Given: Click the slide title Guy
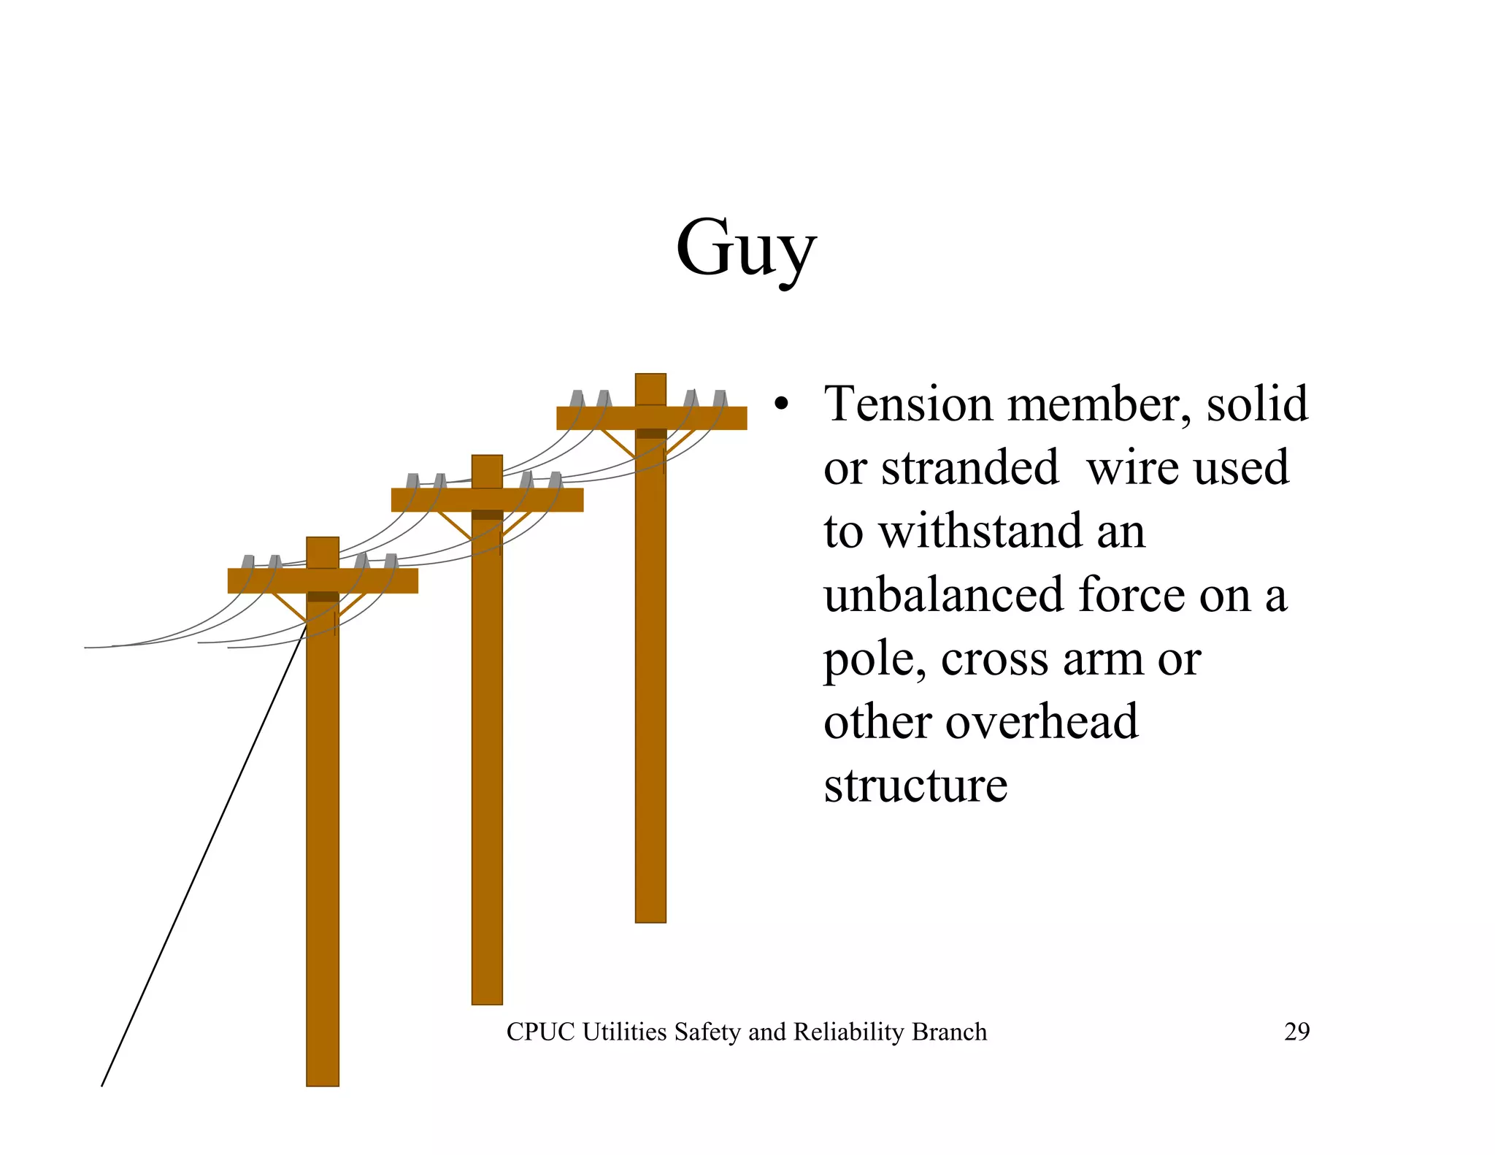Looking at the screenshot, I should (745, 248).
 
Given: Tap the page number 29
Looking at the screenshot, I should (1296, 1032).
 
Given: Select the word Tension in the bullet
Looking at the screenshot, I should (910, 404).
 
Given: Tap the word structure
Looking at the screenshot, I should (915, 786).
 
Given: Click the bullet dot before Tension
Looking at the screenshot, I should (782, 405).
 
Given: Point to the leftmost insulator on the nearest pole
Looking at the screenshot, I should (248, 561).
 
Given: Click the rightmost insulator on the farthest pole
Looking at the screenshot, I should (720, 399).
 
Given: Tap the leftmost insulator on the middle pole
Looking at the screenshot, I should (412, 480).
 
